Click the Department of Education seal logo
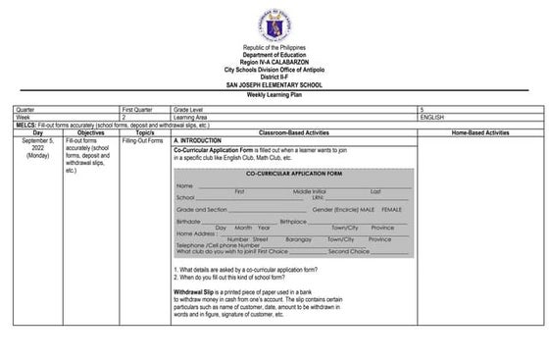(274, 23)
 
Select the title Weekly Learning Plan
(274, 95)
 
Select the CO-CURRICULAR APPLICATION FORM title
(294, 173)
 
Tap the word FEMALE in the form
(392, 210)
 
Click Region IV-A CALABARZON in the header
(274, 63)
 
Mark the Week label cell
(23, 117)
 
